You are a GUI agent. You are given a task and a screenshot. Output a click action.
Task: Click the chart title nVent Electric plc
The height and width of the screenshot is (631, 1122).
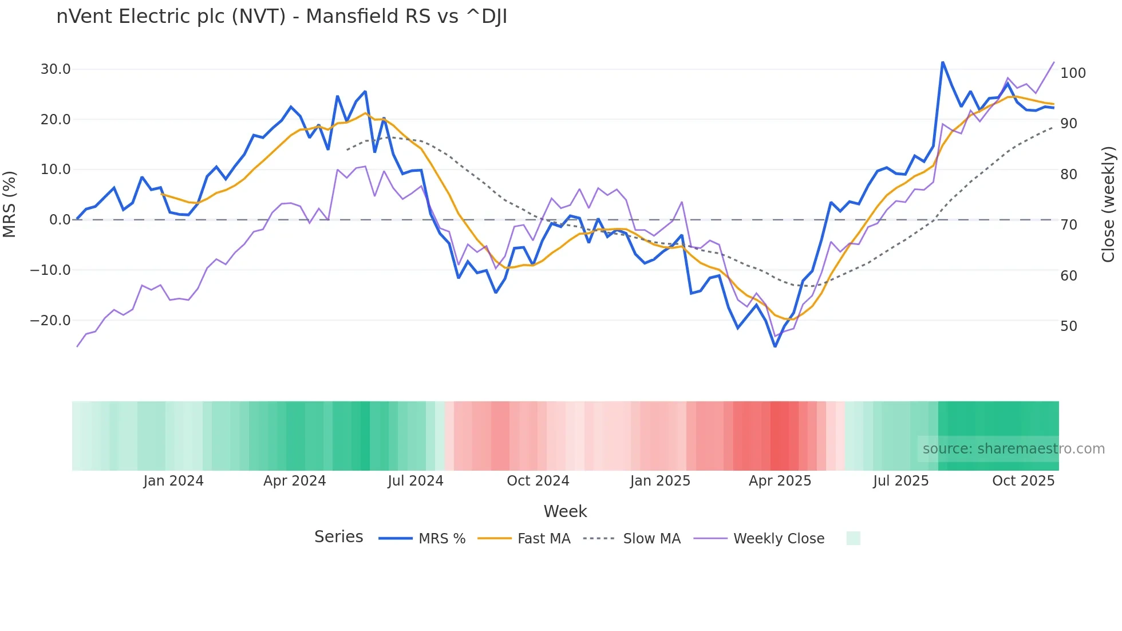pos(282,17)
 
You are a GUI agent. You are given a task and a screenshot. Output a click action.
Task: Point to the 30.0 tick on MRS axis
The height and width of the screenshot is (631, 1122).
pos(56,69)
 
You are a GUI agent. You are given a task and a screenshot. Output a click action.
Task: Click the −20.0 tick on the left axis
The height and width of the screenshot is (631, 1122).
pos(50,321)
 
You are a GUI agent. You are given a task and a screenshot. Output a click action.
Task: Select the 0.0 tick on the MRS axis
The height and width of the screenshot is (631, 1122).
pos(60,220)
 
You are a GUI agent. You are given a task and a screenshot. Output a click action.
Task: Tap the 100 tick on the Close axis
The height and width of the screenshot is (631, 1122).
pos(1073,73)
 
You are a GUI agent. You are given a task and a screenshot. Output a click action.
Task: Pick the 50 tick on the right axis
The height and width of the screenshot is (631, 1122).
pos(1068,326)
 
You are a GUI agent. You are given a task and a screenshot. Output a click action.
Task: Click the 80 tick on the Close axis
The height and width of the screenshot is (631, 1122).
pos(1068,175)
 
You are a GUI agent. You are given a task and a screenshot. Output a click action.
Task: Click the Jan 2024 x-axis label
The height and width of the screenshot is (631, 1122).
pos(173,481)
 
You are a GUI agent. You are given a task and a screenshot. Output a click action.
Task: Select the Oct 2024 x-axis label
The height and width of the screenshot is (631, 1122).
pos(538,481)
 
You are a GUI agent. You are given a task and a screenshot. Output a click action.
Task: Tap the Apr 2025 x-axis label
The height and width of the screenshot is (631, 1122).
pos(780,481)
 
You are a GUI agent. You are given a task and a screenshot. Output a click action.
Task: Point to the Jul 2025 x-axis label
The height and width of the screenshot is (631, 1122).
pos(900,481)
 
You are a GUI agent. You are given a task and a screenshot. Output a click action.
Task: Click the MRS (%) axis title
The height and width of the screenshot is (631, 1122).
pos(9,204)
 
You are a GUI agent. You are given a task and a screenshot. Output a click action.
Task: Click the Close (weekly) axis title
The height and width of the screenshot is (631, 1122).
pos(1108,204)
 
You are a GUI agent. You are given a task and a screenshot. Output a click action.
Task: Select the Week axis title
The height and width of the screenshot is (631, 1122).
pos(565,511)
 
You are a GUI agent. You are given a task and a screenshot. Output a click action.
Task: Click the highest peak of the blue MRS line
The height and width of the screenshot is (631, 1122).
pos(942,62)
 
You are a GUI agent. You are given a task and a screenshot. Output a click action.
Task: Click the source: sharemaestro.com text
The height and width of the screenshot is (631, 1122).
pos(1013,449)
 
